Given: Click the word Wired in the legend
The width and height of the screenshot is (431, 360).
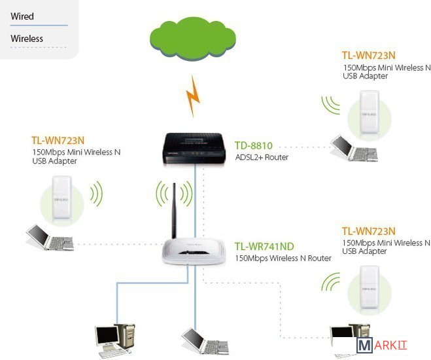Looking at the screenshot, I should pyautogui.click(x=22, y=16).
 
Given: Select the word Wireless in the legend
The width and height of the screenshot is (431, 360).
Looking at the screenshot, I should pyautogui.click(x=27, y=39).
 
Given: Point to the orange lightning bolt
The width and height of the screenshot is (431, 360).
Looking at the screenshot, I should pyautogui.click(x=193, y=95).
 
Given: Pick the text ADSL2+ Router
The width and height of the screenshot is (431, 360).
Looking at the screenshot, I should pyautogui.click(x=262, y=157).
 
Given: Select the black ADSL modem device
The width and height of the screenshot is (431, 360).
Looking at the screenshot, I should pyautogui.click(x=195, y=147).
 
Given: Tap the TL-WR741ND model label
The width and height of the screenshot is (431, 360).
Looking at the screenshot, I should pyautogui.click(x=264, y=246).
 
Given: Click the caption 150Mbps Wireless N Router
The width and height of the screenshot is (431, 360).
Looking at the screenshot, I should pyautogui.click(x=283, y=258).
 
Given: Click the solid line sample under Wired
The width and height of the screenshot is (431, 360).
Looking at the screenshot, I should pyautogui.click(x=39, y=26).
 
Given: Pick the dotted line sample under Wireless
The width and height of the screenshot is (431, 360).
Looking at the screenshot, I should pyautogui.click(x=39, y=48).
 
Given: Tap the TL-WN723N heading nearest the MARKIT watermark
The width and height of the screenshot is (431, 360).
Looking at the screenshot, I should pyautogui.click(x=368, y=231).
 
